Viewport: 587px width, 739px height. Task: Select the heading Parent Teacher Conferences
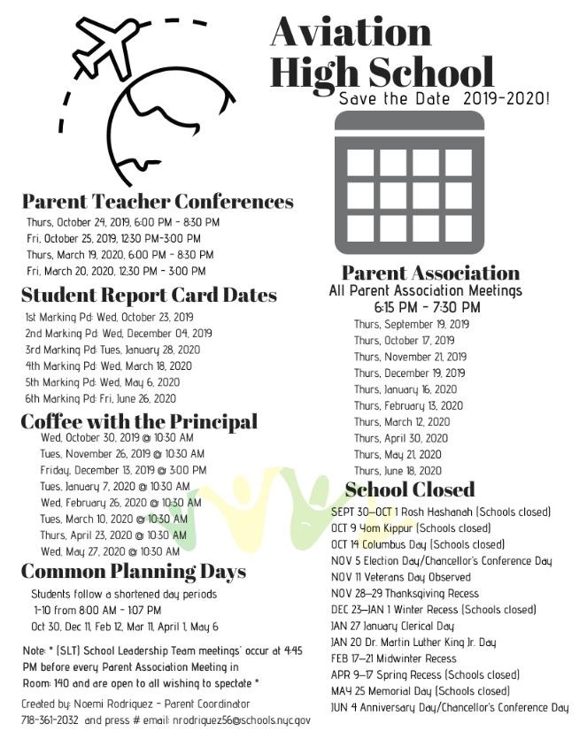[x=158, y=201]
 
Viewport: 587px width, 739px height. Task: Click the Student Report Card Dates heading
[x=149, y=295]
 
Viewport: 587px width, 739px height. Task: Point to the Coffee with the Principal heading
[x=139, y=421]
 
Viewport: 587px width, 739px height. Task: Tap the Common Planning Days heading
[x=133, y=570]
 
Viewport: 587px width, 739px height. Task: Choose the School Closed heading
[x=409, y=489]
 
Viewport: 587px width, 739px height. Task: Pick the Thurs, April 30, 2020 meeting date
[x=401, y=438]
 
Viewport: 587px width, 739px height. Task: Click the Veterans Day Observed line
[x=401, y=577]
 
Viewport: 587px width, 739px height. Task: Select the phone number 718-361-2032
[x=50, y=720]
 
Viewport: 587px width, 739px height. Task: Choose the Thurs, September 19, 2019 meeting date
[x=412, y=324]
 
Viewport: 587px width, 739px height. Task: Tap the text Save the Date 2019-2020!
[x=444, y=98]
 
